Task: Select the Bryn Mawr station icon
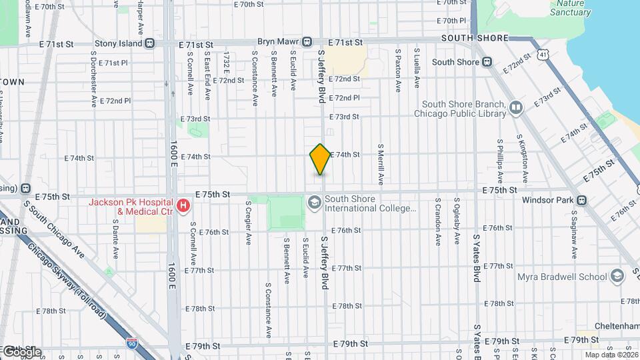tap(307, 42)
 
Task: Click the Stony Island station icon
tap(151, 43)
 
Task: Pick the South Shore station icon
tap(487, 62)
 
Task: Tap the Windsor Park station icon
tap(582, 200)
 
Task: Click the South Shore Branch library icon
tap(515, 107)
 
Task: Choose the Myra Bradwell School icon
tap(617, 276)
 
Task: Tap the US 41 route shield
tap(545, 53)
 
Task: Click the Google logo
tap(21, 351)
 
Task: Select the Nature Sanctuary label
tap(570, 8)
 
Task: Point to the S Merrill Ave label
tap(381, 164)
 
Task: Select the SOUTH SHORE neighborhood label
tap(475, 38)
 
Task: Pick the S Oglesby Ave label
tap(457, 221)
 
